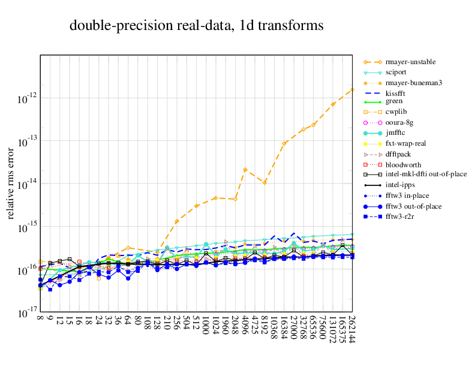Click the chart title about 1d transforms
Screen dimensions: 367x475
(196, 26)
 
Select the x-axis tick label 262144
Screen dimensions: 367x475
(352, 330)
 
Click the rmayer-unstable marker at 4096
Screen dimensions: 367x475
(245, 170)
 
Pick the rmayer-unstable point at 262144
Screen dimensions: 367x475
(352, 89)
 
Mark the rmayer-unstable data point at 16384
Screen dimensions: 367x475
(284, 143)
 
